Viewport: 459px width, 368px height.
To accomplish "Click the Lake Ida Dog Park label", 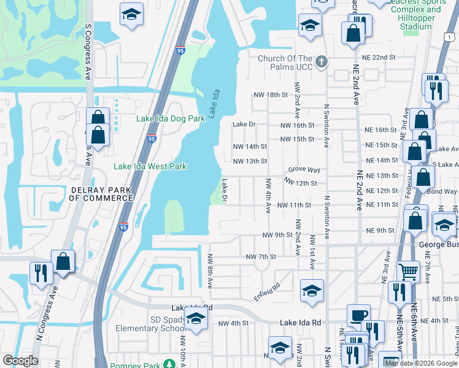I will [170, 118].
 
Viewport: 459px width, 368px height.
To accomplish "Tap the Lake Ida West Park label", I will [150, 166].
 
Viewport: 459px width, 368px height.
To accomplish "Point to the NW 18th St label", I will [271, 95].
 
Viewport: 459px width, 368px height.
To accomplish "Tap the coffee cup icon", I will [358, 315].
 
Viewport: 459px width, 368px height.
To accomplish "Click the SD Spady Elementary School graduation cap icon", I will [196, 318].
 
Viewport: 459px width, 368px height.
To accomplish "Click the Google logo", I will [20, 361].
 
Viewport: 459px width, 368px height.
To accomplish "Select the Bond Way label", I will [446, 192].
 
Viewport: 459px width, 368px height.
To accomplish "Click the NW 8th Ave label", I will [210, 272].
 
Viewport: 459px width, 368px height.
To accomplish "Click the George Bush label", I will [439, 244].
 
